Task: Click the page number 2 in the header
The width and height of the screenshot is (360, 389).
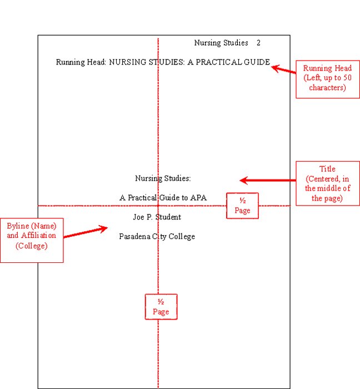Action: [x=258, y=43]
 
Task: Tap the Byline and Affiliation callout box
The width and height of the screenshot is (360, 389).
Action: [x=32, y=240]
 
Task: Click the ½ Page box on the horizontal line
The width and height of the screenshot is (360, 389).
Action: [x=242, y=206]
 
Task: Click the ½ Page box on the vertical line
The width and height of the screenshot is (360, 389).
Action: [x=161, y=307]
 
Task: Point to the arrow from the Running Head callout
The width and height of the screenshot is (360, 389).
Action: [x=283, y=69]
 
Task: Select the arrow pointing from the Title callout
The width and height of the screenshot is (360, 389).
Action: [x=267, y=180]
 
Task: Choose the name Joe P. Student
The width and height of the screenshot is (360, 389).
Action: [x=157, y=217]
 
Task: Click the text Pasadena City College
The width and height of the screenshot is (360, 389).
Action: [x=157, y=236]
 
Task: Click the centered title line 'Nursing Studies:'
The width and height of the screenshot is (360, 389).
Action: [x=163, y=178]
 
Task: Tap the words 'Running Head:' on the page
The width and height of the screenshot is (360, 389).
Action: [x=81, y=62]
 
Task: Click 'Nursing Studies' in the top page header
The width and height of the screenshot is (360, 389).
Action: [x=221, y=43]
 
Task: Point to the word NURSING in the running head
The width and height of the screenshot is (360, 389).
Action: [x=127, y=62]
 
